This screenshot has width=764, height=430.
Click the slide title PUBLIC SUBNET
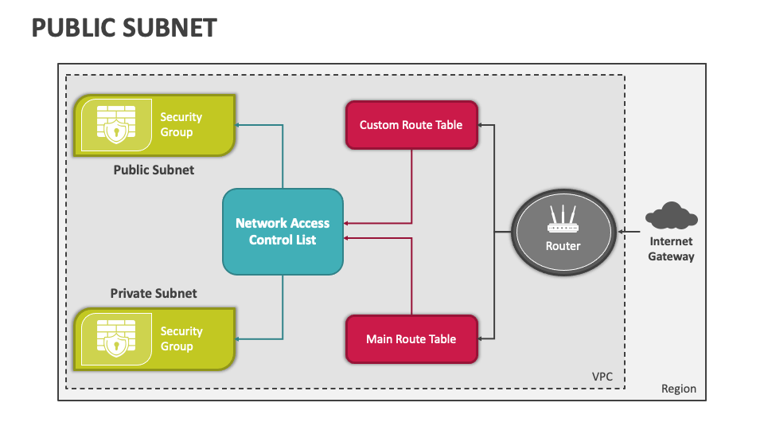[x=123, y=28]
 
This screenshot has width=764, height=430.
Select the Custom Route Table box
[x=411, y=125]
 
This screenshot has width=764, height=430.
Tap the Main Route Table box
[x=411, y=339]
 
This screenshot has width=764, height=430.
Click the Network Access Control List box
[x=283, y=232]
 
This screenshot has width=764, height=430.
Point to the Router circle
[x=563, y=232]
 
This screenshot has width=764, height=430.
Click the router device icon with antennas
[x=563, y=220]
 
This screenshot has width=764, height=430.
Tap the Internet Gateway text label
[x=671, y=248]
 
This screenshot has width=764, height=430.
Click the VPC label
[x=602, y=376]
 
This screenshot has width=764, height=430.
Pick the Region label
[x=679, y=389]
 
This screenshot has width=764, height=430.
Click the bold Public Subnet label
[x=154, y=170]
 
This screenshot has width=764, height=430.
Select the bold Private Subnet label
[x=154, y=293]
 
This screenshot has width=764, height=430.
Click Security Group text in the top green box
[x=181, y=124]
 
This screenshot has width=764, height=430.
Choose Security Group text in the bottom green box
[x=181, y=338]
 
